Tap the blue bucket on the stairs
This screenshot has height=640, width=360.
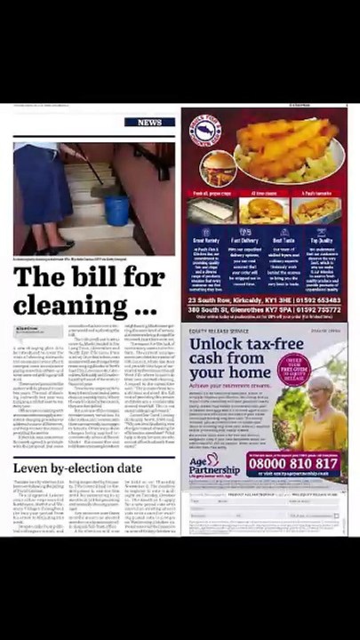pyautogui.click(x=118, y=210)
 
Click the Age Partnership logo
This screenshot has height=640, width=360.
pyautogui.click(x=214, y=467)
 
